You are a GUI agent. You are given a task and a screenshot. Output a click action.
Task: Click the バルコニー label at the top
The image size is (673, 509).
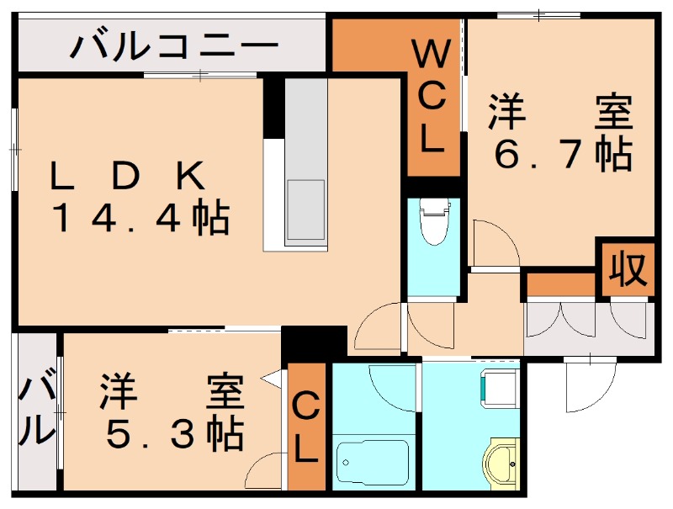pos(174,45)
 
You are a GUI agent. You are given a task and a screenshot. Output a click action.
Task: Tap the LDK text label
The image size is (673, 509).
pos(126,176)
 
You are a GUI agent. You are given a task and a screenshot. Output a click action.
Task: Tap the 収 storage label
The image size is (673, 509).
pos(628,269)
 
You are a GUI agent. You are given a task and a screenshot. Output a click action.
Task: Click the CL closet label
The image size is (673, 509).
pos(305,429)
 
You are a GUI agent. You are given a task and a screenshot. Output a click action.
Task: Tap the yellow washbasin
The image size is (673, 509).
pos(502,464)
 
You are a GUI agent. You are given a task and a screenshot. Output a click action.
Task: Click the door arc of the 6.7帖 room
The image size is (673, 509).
pos(492,244)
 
